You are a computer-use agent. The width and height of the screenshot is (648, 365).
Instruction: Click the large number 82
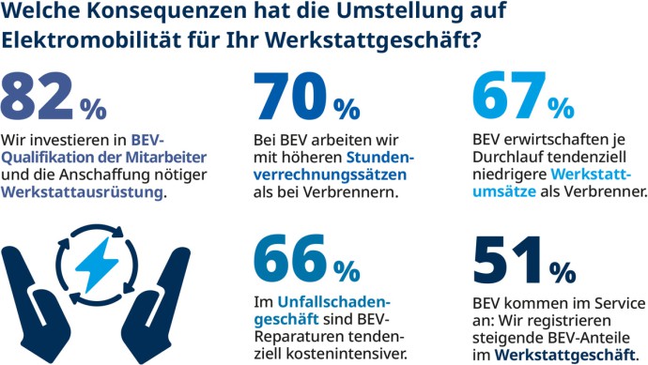[x=39, y=95]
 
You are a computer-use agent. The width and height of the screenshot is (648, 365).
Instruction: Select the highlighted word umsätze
[x=504, y=191]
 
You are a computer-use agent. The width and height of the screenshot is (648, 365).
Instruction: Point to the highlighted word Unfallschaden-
[x=334, y=302]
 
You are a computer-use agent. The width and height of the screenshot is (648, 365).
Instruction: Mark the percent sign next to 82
[x=93, y=108]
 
